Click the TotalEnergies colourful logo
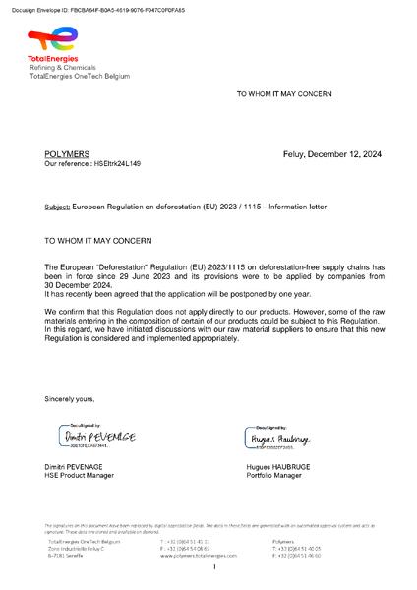coord(51,39)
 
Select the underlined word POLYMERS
coord(67,155)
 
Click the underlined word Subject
coord(57,207)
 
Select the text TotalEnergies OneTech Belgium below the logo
coord(73,76)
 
